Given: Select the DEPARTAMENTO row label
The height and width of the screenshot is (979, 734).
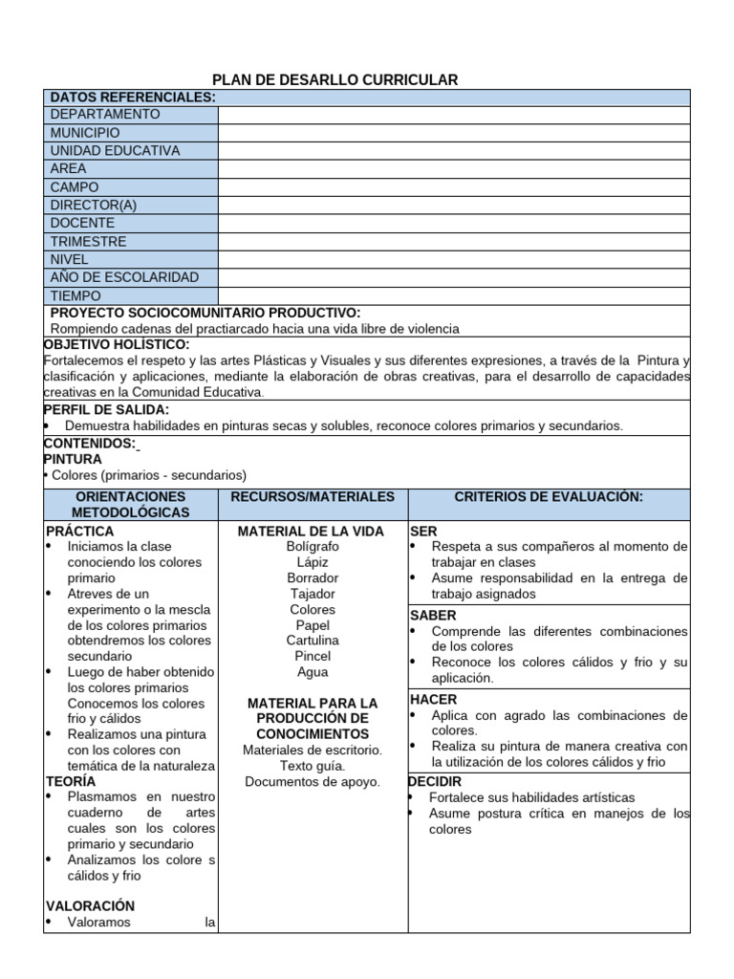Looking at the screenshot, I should click(105, 115).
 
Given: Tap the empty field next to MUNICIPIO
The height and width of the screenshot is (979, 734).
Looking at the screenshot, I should click(453, 133).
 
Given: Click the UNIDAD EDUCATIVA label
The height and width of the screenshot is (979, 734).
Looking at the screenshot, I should click(115, 151).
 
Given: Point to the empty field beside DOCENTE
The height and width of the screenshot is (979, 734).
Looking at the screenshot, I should click(453, 224).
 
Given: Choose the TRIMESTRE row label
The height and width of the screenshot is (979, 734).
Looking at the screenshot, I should click(88, 242).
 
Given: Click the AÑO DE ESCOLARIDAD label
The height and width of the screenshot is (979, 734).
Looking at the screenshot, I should click(124, 277).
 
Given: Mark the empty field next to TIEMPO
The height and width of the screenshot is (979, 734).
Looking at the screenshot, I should click(453, 295).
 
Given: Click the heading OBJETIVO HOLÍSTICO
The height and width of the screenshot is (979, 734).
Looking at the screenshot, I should click(118, 344).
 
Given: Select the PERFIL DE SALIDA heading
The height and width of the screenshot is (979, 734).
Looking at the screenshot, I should click(106, 409).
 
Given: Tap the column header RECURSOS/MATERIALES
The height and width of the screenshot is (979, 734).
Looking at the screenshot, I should click(313, 497).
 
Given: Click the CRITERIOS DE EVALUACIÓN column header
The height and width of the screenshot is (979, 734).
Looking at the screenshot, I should click(549, 497).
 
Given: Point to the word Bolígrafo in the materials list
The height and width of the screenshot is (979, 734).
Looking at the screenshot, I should click(312, 546).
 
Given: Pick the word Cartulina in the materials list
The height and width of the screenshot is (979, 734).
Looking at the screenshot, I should click(312, 641).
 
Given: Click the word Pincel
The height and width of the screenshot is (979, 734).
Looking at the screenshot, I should click(313, 656).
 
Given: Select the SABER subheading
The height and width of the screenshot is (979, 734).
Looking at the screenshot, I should click(433, 616).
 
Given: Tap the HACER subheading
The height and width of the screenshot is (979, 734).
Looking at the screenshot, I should click(433, 700).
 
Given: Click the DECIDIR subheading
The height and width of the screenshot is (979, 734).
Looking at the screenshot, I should click(435, 782).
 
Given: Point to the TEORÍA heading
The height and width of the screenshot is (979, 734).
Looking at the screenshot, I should click(71, 781).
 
